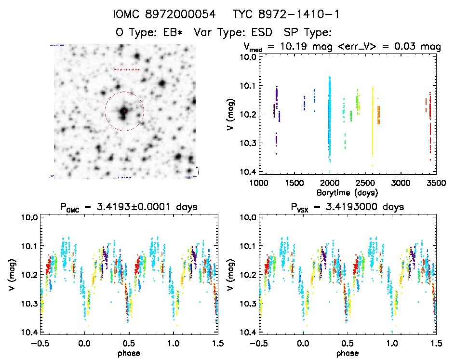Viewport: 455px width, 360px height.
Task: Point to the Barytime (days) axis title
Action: (x=347, y=192)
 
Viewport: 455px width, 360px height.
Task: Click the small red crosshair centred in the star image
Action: (x=124, y=111)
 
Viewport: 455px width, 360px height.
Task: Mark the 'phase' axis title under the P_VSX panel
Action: (x=347, y=353)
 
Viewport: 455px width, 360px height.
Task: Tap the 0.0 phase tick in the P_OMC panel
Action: (x=85, y=344)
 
